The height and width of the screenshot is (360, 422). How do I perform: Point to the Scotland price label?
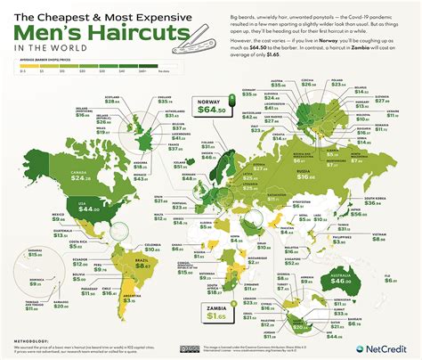[115, 128]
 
